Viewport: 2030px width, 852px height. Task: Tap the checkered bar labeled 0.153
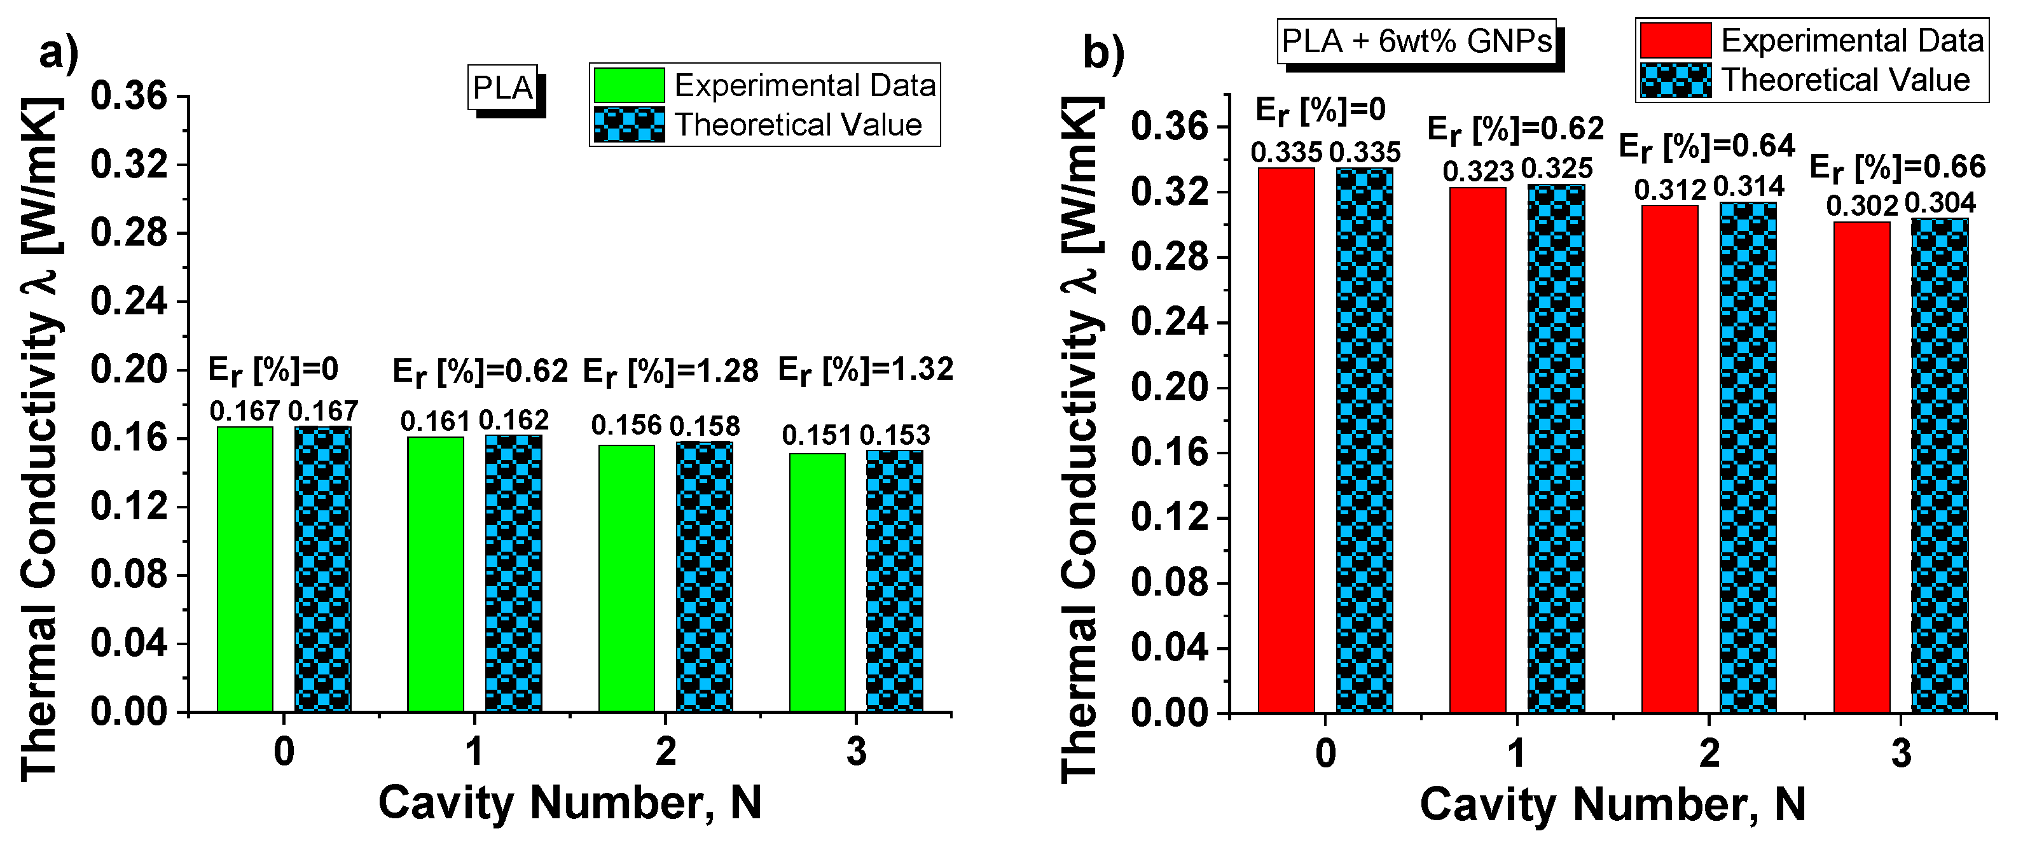click(x=894, y=581)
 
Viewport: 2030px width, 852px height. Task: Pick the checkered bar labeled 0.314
click(x=1748, y=457)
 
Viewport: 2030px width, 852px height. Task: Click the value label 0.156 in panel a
click(x=626, y=426)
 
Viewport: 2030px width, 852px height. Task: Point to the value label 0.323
click(x=1479, y=172)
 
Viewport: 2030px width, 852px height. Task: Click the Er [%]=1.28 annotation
click(x=670, y=371)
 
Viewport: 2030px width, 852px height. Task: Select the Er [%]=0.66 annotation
click(x=1897, y=168)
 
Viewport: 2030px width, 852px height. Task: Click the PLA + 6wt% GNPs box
click(x=1416, y=41)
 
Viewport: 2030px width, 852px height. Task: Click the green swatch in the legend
click(x=629, y=85)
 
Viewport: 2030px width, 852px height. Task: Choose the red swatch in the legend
click(x=1675, y=40)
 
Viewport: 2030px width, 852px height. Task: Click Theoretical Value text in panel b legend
click(x=1845, y=80)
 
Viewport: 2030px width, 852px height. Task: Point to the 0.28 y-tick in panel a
click(x=129, y=234)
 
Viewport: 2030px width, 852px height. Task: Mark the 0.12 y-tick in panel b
click(x=1170, y=518)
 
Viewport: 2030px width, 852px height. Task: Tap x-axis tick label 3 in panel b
click(x=1902, y=753)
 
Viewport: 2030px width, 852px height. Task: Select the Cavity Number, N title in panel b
click(x=1612, y=805)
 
